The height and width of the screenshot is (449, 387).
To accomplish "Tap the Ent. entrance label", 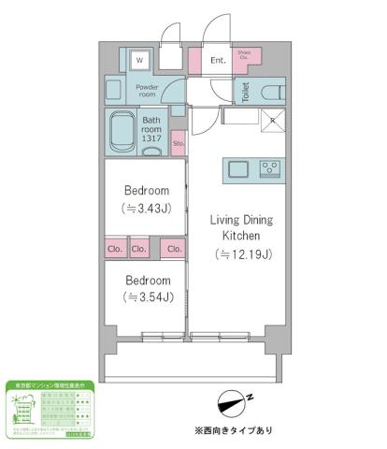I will point(217,61).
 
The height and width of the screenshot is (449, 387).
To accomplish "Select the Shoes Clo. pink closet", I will point(244,56).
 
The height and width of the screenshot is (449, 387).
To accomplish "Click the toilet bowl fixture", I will point(270,93).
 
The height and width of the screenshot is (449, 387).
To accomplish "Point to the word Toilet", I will point(245,93).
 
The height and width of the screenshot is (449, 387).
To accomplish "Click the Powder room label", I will point(148,91).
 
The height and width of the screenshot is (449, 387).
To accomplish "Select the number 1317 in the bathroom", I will point(152,139).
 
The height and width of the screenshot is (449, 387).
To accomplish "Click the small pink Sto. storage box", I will point(178,143).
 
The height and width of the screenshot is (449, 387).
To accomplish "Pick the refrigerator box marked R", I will point(272,119).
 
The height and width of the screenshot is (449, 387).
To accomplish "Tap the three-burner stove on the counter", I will point(269,169).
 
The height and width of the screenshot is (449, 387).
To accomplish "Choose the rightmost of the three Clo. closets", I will point(173,249).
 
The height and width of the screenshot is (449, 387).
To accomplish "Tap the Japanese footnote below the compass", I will point(235,431).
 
